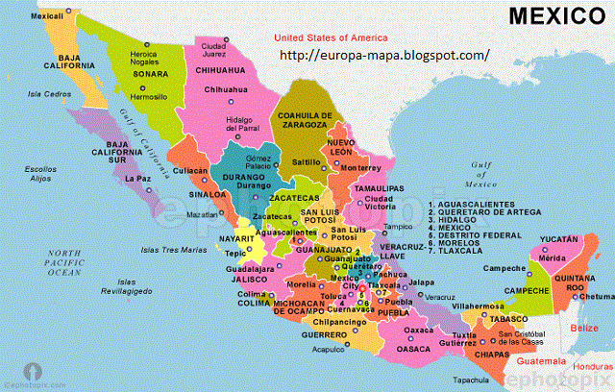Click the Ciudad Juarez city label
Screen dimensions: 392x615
coord(212,49)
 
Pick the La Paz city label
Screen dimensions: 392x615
coord(137,178)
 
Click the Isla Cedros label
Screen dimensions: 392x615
coord(50,94)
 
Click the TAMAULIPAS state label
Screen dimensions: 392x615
coord(377,188)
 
